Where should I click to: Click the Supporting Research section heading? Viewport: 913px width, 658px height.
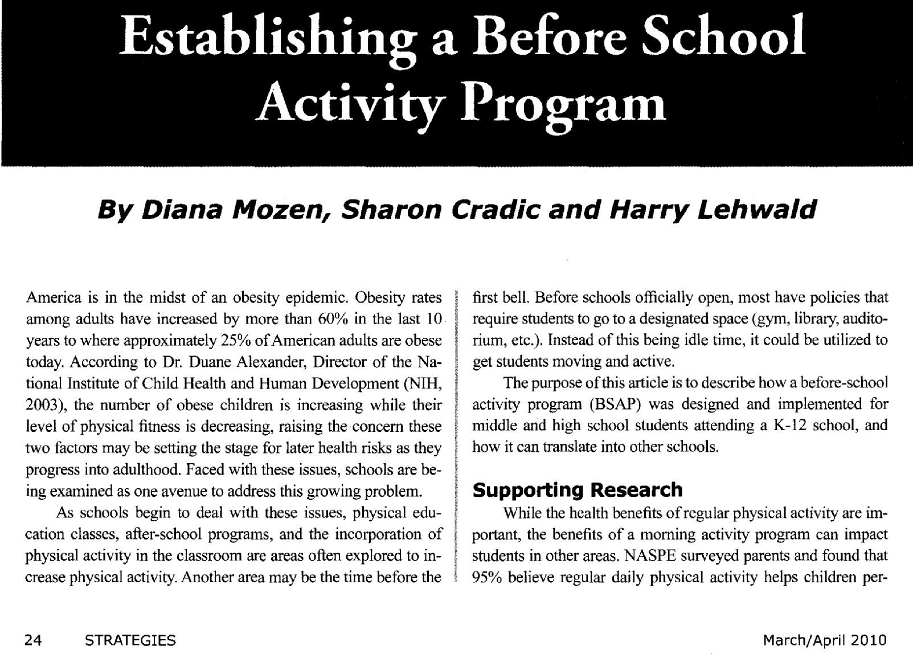(x=578, y=489)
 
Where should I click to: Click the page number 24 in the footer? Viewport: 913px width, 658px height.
(x=35, y=640)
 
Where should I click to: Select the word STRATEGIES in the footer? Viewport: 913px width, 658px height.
(x=130, y=640)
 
